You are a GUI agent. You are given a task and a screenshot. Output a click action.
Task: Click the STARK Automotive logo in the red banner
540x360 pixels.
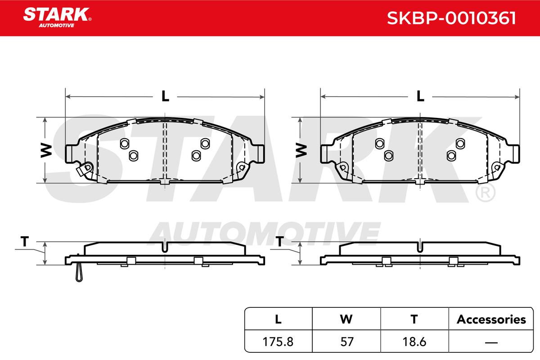pos(57,18)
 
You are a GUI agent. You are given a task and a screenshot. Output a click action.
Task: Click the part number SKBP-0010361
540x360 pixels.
pos(451,18)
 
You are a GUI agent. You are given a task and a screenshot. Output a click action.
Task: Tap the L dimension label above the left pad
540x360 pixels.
pos(165,96)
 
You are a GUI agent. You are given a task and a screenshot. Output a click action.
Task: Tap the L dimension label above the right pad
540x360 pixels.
pos(420,96)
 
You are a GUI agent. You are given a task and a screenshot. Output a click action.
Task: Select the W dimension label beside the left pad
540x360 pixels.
pos(46,151)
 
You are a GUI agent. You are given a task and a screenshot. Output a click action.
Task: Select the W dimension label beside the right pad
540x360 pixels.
pos(301,151)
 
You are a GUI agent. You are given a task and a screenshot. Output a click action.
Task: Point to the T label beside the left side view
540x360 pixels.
pos(25,241)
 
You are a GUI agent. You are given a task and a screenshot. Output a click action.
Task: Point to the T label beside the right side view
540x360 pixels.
pos(279,241)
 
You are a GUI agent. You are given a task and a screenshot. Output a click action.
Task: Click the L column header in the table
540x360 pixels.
pos(278,319)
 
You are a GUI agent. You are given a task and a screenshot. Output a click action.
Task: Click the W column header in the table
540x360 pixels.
pos(346,319)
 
